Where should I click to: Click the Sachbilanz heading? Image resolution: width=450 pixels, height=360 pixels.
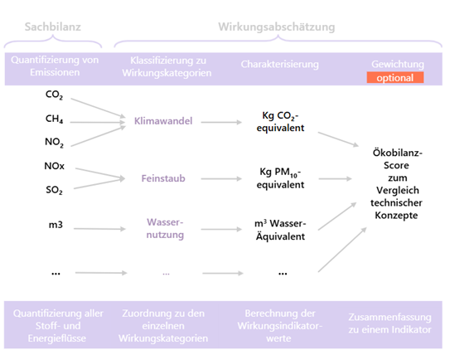52,27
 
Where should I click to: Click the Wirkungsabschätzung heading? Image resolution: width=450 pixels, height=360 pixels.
276,27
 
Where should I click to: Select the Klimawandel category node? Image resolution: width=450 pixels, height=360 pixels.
163,121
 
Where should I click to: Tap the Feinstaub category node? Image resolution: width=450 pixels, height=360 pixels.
163,178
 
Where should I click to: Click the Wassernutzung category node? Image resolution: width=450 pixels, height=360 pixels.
163,229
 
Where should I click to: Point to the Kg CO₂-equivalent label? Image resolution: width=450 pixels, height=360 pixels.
281,122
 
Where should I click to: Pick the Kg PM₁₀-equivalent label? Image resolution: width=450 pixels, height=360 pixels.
281,178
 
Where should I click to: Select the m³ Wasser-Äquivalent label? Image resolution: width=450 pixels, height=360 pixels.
281,230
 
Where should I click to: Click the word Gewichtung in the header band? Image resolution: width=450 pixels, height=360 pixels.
397,64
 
